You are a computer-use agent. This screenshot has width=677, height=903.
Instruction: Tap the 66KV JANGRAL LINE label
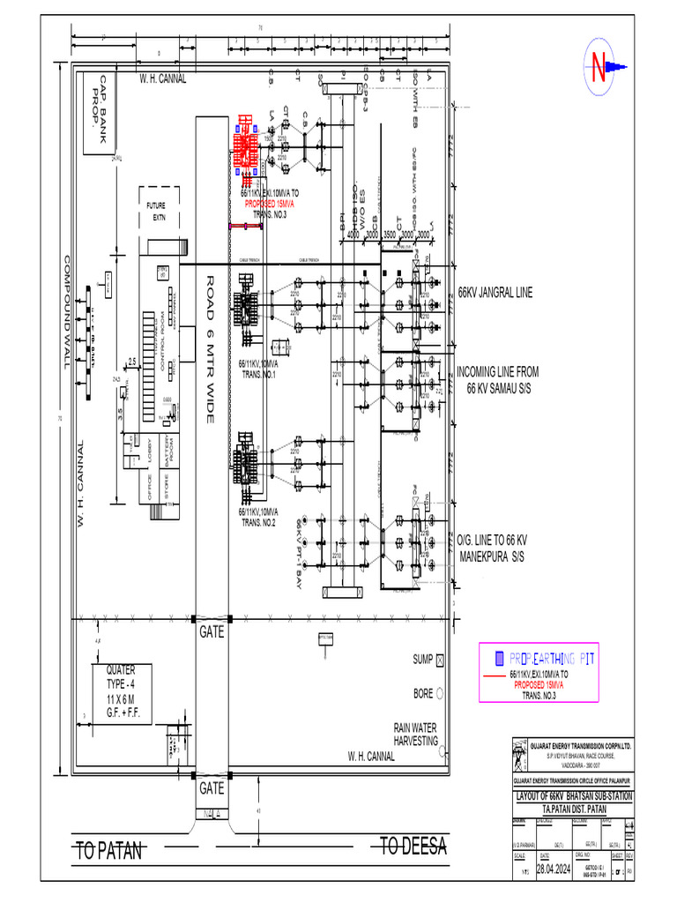click(495, 292)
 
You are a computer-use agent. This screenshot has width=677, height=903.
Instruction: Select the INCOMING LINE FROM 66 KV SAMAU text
click(497, 380)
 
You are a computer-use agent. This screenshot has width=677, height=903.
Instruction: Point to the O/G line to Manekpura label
click(492, 548)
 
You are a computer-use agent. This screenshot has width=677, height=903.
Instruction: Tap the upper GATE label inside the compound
click(212, 632)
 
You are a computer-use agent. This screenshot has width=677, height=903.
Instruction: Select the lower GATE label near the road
click(212, 787)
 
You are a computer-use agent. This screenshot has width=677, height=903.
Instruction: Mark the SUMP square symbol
click(442, 660)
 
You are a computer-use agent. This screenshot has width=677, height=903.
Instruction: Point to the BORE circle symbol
click(442, 694)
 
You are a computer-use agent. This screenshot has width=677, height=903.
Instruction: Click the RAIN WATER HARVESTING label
click(415, 735)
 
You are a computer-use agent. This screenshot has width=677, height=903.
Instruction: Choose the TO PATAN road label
click(109, 851)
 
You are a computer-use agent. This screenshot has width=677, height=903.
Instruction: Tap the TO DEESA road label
click(414, 847)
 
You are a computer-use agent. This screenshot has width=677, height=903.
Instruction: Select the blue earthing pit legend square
click(499, 659)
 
